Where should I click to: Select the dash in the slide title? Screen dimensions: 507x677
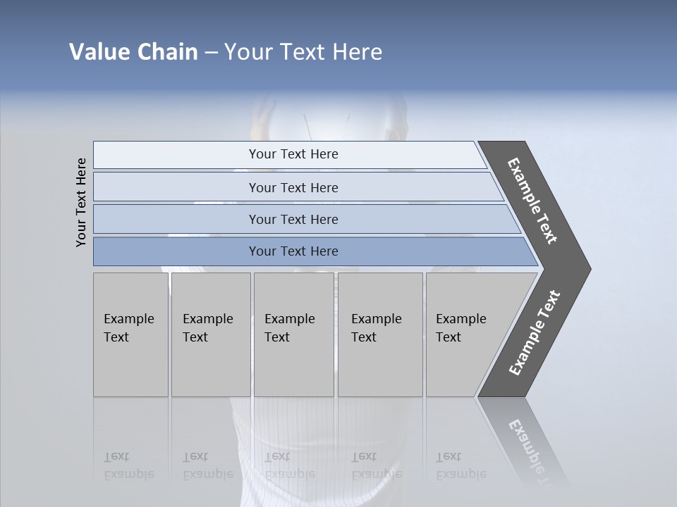(211, 53)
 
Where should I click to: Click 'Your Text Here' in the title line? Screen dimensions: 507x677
(303, 52)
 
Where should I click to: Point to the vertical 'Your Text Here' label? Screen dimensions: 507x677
(81, 202)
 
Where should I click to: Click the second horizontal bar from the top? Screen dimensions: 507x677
(293, 187)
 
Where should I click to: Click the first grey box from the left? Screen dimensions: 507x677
(130, 334)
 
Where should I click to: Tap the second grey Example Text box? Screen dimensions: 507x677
(211, 334)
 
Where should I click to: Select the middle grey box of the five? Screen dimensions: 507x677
(293, 334)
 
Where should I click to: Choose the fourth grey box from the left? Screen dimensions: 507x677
(380, 334)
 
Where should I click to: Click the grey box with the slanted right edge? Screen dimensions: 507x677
(465, 334)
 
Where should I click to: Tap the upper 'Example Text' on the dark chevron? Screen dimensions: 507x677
(532, 201)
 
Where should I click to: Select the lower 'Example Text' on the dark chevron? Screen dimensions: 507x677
(535, 333)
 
